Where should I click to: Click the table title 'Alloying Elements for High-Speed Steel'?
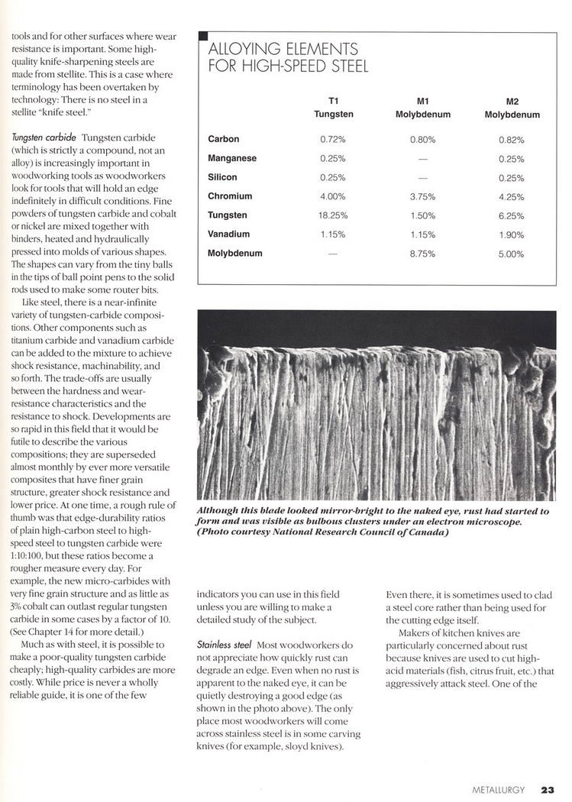[x=288, y=58]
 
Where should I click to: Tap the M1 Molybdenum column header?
[x=423, y=108]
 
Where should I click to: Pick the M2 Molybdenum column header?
[x=512, y=108]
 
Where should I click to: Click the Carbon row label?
[x=224, y=140]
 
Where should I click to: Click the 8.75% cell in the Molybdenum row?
[x=422, y=253]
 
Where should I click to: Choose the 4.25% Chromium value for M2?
[x=512, y=196]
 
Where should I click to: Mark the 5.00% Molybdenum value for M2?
[x=512, y=253]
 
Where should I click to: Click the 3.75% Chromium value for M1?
[x=422, y=196]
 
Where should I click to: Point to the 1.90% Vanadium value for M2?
[x=512, y=234]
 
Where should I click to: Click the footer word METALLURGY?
[x=498, y=791]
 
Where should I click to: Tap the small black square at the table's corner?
[x=202, y=36]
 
